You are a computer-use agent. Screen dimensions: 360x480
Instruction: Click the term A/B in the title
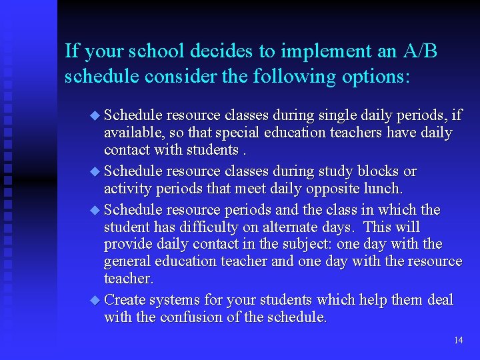[418, 51]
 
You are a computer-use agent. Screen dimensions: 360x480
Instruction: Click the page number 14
[458, 340]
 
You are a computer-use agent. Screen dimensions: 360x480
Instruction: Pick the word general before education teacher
[127, 261]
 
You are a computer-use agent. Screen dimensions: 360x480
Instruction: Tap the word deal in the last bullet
[440, 300]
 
